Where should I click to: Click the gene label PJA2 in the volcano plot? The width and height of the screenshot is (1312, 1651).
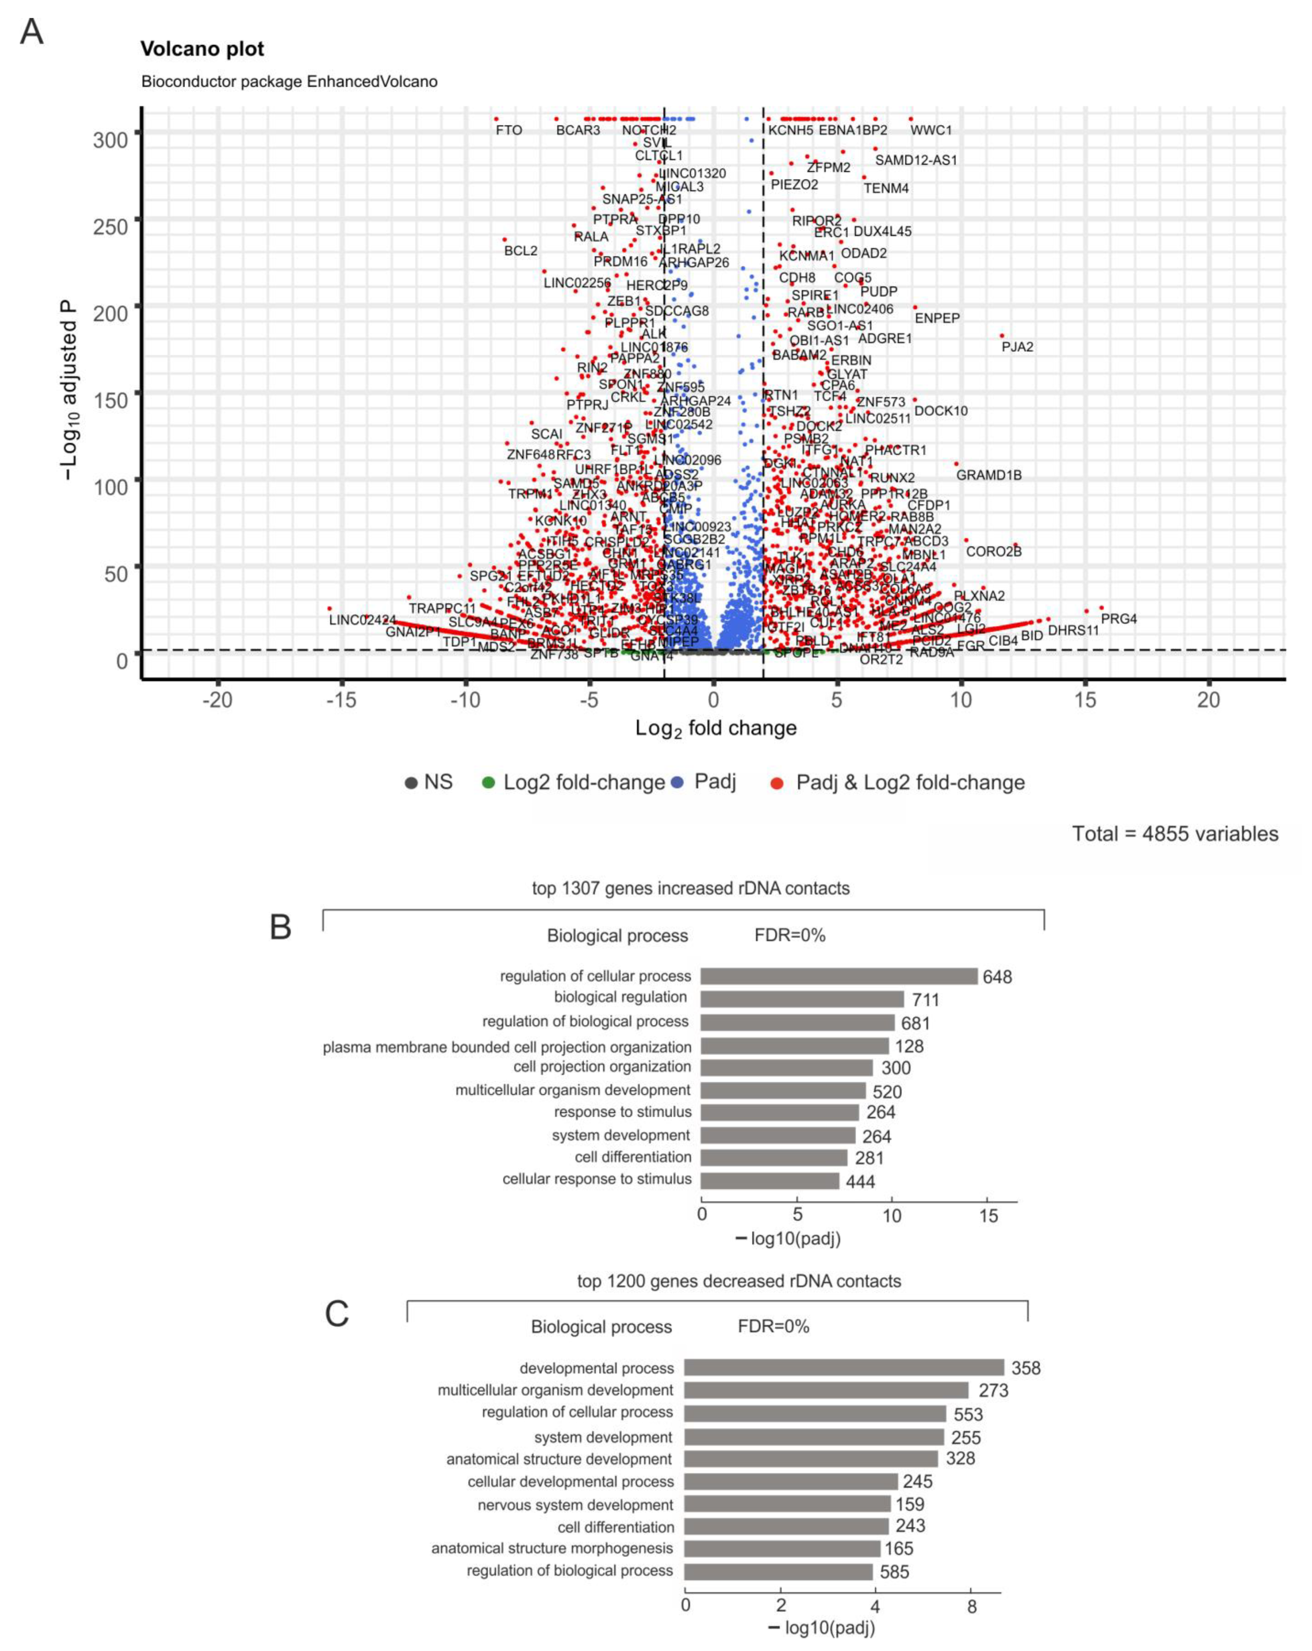(1017, 347)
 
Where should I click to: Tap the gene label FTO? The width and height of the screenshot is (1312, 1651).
(509, 130)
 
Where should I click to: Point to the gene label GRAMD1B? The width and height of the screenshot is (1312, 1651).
(989, 475)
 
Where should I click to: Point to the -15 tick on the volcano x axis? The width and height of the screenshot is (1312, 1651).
(342, 700)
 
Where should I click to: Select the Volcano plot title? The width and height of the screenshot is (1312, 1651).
(202, 49)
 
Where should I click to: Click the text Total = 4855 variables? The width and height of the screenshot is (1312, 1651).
(1175, 834)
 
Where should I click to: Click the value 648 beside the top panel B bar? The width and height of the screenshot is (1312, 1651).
(997, 977)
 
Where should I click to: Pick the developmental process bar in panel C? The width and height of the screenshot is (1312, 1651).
(843, 1368)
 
